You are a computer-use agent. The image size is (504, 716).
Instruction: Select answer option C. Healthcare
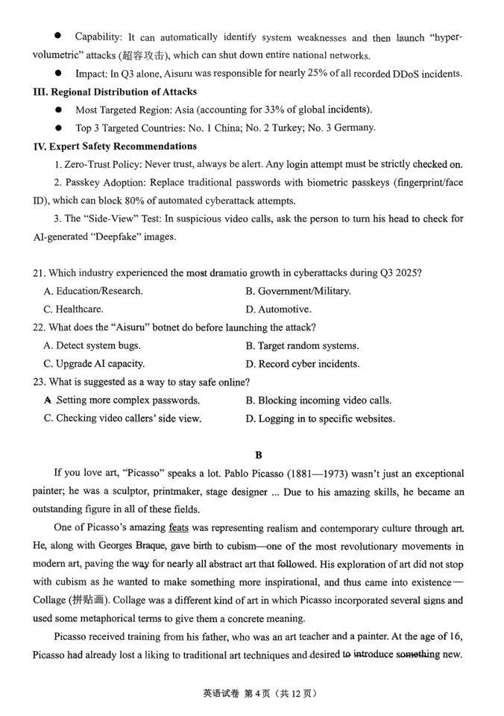click(73, 309)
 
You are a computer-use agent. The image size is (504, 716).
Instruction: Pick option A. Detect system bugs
click(92, 345)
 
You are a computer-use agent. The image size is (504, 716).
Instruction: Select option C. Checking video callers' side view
click(122, 418)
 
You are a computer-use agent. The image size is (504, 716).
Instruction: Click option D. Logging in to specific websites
click(320, 418)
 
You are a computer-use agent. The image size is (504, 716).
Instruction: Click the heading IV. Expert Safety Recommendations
click(115, 146)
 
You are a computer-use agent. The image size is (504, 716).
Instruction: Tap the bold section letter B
click(259, 455)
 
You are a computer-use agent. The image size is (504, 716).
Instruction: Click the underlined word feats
click(178, 528)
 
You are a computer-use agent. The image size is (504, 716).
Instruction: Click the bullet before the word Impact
click(57, 73)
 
